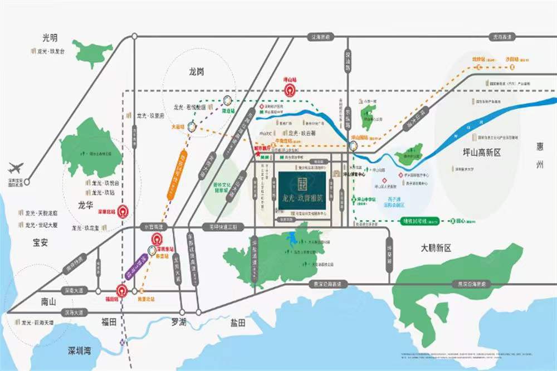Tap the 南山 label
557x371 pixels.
pos(48,301)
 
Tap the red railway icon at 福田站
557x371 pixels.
pos(121,290)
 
